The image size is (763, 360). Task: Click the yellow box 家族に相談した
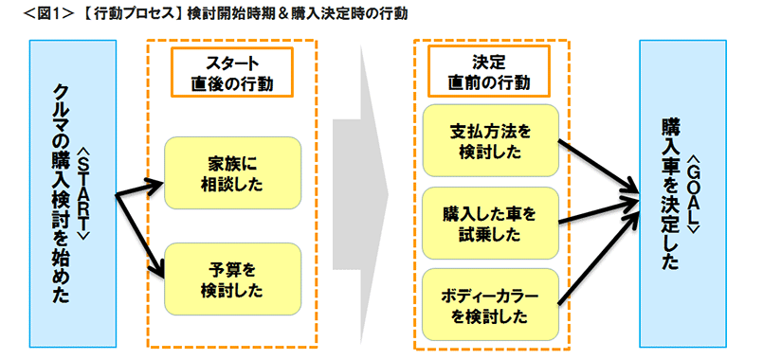click(232, 171)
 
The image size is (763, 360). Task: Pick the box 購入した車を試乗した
click(489, 223)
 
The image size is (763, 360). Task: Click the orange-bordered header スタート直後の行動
click(232, 72)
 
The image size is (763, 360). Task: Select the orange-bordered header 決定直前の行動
click(488, 72)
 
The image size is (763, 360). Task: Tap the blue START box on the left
click(72, 194)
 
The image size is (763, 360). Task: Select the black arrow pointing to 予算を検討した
click(140, 237)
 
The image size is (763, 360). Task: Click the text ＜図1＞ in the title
click(27, 13)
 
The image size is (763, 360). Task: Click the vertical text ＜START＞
click(83, 194)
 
